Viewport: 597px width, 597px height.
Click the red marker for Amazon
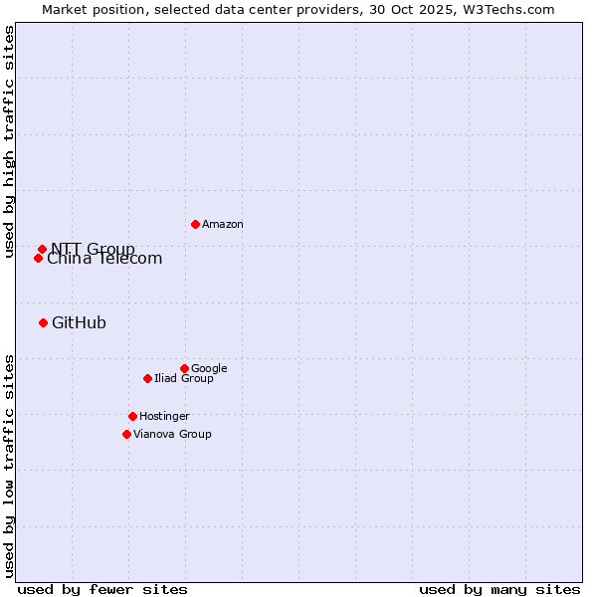click(x=195, y=224)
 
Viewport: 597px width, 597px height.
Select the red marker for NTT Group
click(x=42, y=249)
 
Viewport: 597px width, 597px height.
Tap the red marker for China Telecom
click(x=38, y=258)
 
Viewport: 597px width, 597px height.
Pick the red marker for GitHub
click(x=43, y=322)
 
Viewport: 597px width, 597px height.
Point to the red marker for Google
click(x=184, y=368)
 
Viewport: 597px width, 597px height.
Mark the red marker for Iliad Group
click(x=147, y=378)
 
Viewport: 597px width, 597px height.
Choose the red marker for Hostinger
click(x=132, y=416)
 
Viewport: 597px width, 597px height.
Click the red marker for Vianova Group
click(x=126, y=434)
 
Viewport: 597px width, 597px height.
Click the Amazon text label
click(x=223, y=225)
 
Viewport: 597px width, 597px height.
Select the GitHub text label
click(x=79, y=322)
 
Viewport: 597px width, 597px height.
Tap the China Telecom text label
click(x=104, y=260)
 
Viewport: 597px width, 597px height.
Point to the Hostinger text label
click(x=164, y=416)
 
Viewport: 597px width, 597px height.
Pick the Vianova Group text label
click(x=172, y=434)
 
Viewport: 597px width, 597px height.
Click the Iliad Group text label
click(x=184, y=378)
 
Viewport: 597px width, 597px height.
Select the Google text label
click(x=209, y=368)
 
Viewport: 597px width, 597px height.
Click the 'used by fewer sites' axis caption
click(x=102, y=589)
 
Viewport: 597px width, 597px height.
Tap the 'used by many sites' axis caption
click(x=499, y=589)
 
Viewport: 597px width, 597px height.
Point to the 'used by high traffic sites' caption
click(x=9, y=141)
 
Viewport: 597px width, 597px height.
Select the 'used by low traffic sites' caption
click(x=9, y=466)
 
